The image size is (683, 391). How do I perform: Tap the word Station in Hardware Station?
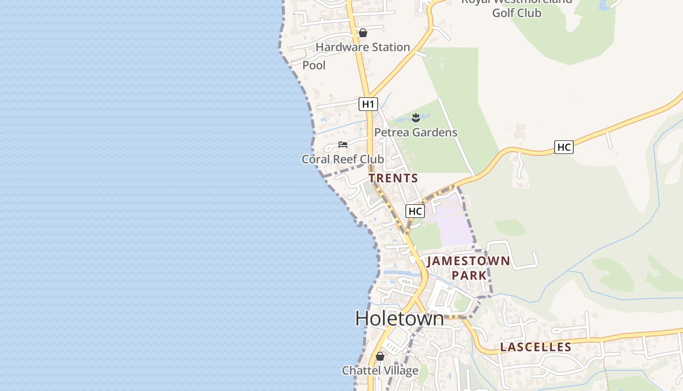pyautogui.click(x=389, y=47)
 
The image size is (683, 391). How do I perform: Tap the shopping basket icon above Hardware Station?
pyautogui.click(x=362, y=33)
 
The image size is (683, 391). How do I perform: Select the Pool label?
pyautogui.click(x=314, y=65)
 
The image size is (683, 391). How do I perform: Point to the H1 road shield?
pyautogui.click(x=368, y=104)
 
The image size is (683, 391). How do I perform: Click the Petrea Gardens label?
pyautogui.click(x=416, y=132)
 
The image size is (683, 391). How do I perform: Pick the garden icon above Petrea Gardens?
pyautogui.click(x=416, y=117)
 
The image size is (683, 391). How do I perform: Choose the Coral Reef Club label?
pyautogui.click(x=342, y=159)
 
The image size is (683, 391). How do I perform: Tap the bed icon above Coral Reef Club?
pyautogui.click(x=343, y=145)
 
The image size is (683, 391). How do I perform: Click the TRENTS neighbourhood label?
pyautogui.click(x=393, y=178)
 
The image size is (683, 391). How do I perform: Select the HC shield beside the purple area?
pyautogui.click(x=415, y=211)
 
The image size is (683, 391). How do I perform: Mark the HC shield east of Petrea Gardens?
pyautogui.click(x=563, y=147)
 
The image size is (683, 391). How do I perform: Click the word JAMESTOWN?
pyautogui.click(x=468, y=261)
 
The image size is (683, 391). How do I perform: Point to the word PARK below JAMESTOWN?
pyautogui.click(x=469, y=276)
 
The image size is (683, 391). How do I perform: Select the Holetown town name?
pyautogui.click(x=400, y=319)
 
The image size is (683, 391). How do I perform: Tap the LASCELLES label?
pyautogui.click(x=536, y=348)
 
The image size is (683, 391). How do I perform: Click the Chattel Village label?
pyautogui.click(x=380, y=370)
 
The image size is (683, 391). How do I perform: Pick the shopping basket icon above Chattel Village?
pyautogui.click(x=380, y=356)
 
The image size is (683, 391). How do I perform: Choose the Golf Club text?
pyautogui.click(x=517, y=13)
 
